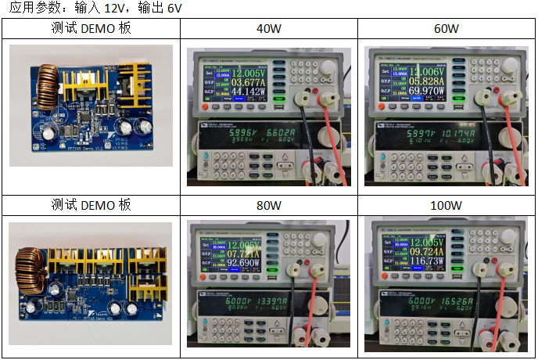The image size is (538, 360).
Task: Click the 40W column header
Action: [269, 29]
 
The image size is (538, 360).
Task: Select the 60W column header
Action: [447, 29]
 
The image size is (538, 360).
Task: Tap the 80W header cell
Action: [269, 205]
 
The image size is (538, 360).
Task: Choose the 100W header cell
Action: [447, 205]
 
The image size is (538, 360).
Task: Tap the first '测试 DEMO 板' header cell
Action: [91, 29]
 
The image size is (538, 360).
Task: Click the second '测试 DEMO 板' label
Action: [91, 205]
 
